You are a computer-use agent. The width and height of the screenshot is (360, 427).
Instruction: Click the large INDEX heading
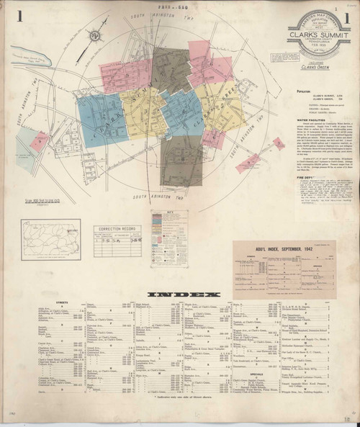(180, 295)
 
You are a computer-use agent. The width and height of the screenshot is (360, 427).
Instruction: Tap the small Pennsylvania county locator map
(44, 241)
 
